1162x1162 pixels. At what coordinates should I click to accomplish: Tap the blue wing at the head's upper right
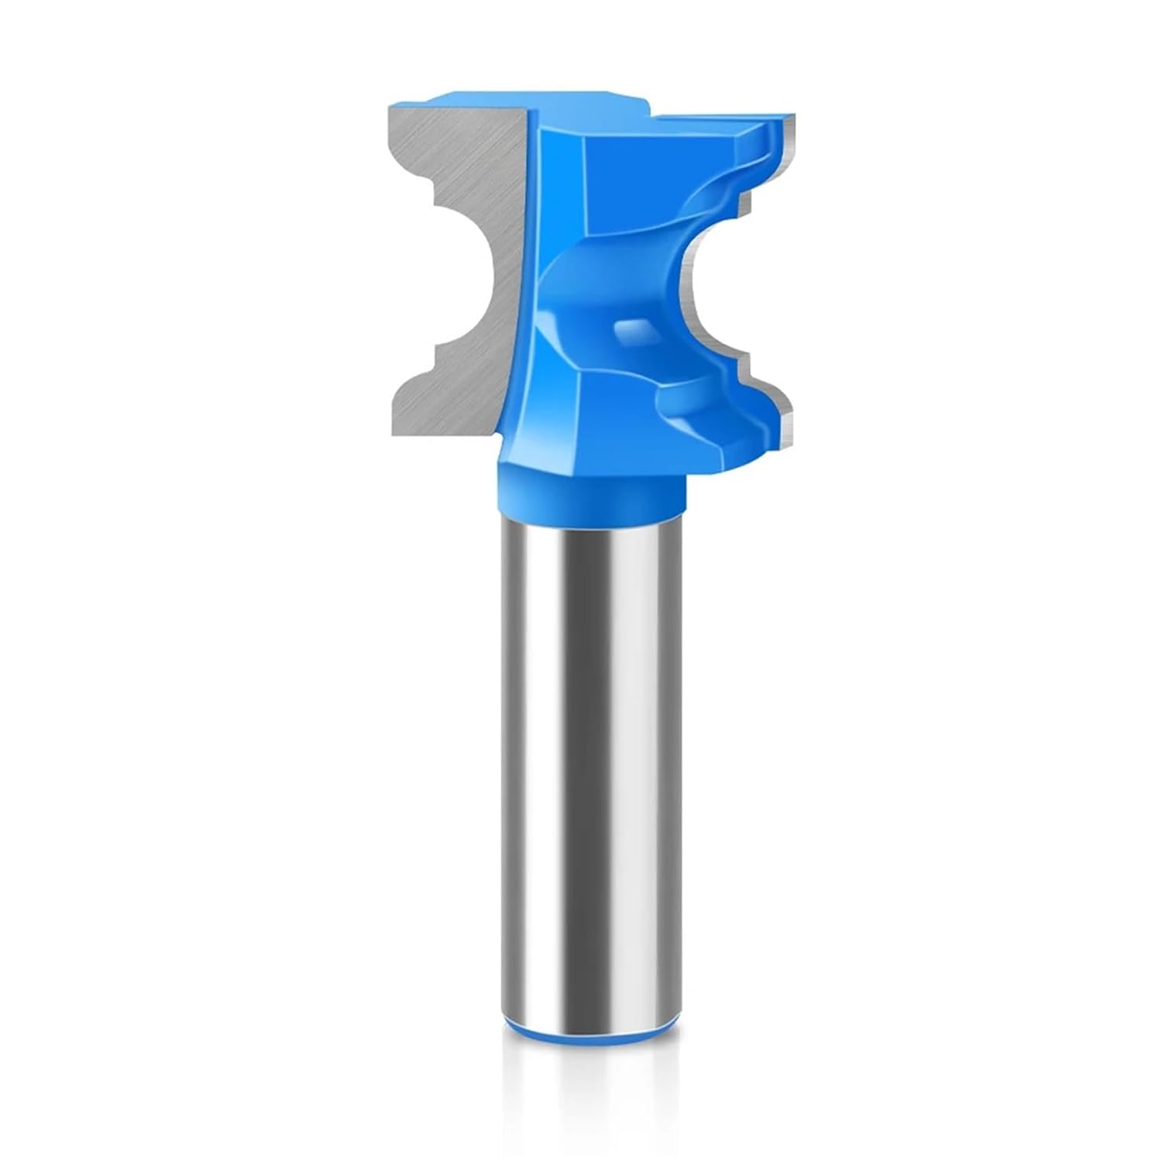click(744, 139)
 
